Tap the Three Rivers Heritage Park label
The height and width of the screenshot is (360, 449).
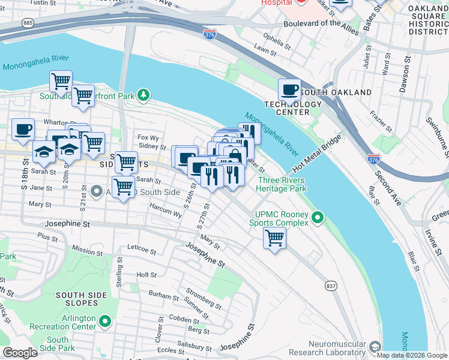click(282, 184)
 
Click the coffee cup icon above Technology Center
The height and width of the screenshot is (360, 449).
click(290, 91)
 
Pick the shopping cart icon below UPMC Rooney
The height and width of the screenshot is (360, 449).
click(274, 238)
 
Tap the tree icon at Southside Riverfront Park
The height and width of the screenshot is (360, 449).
click(143, 95)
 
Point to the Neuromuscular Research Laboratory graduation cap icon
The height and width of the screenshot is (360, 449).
click(375, 347)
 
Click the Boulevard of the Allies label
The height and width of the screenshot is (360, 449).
click(325, 23)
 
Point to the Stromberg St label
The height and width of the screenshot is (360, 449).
click(203, 296)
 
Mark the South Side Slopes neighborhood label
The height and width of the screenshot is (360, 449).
click(82, 299)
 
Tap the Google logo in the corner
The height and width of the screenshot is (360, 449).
click(20, 353)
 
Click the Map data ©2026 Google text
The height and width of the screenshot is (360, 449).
click(412, 355)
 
